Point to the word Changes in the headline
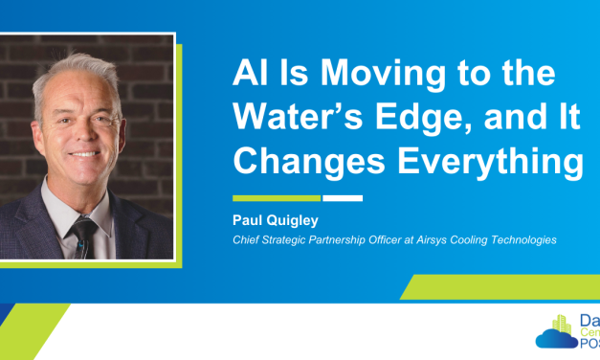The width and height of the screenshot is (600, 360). (301, 160)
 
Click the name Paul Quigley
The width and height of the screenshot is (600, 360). (273, 219)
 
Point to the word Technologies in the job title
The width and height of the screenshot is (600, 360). (522, 238)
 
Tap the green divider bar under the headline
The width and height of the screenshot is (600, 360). (277, 199)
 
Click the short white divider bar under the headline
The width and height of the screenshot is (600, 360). (343, 199)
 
